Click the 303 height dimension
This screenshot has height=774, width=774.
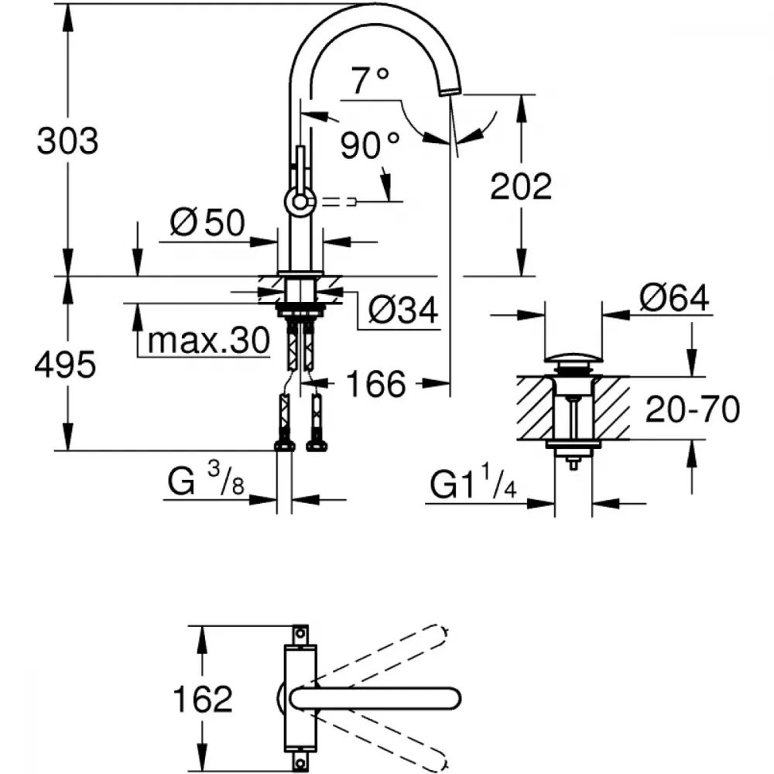(x=67, y=141)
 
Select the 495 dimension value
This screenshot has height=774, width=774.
(x=65, y=365)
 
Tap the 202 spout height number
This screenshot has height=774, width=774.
(x=521, y=186)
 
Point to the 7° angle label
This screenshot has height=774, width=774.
(x=370, y=80)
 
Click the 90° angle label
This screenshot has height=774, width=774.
(x=370, y=146)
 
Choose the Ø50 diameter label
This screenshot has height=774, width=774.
(x=207, y=222)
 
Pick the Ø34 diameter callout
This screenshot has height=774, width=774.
(x=403, y=310)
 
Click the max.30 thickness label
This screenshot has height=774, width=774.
(x=209, y=340)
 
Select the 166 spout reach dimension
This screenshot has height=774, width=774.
(x=376, y=384)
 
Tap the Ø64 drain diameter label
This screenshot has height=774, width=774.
(x=674, y=298)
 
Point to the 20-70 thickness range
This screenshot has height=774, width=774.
(x=693, y=409)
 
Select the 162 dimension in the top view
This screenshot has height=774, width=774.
(x=202, y=698)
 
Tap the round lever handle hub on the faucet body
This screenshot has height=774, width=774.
(x=299, y=202)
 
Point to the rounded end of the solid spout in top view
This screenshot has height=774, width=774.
(x=452, y=698)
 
